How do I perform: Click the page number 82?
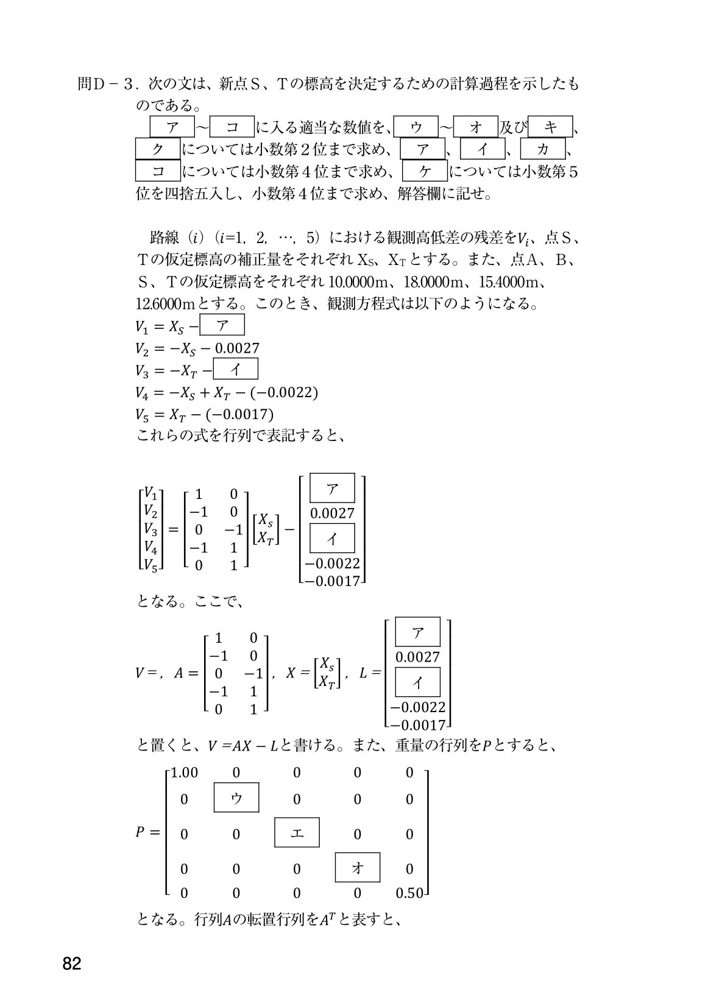pyautogui.click(x=71, y=964)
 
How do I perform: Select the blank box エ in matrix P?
pyautogui.click(x=297, y=833)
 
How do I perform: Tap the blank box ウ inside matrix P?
pyautogui.click(x=236, y=798)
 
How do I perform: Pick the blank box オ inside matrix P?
pyautogui.click(x=358, y=867)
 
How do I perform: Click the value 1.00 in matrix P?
pyautogui.click(x=184, y=772)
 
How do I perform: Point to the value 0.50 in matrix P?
pyautogui.click(x=409, y=893)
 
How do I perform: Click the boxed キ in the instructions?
pyautogui.click(x=551, y=127)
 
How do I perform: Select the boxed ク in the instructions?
pyautogui.click(x=158, y=149)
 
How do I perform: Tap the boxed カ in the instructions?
pyautogui.click(x=543, y=149)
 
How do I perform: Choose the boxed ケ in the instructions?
pyautogui.click(x=425, y=171)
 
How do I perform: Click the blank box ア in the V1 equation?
pyautogui.click(x=222, y=325)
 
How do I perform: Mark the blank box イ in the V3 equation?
pyautogui.click(x=235, y=369)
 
